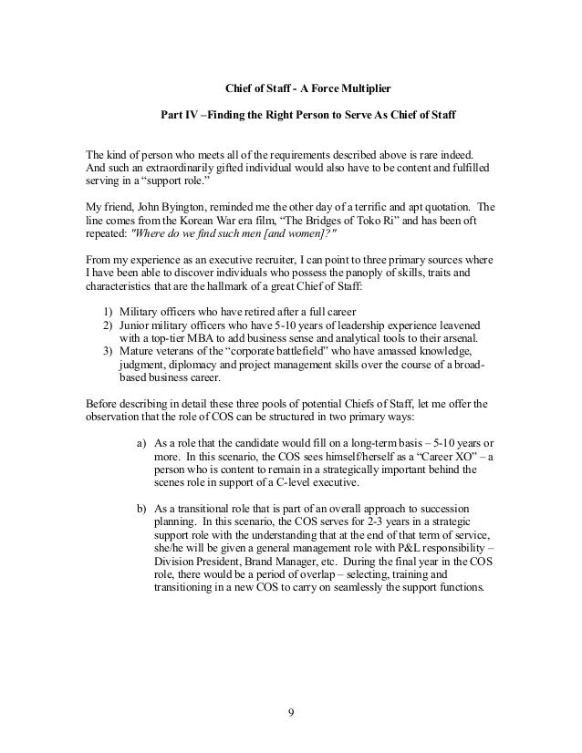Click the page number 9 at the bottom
290,710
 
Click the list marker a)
142,442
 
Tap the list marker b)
142,509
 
